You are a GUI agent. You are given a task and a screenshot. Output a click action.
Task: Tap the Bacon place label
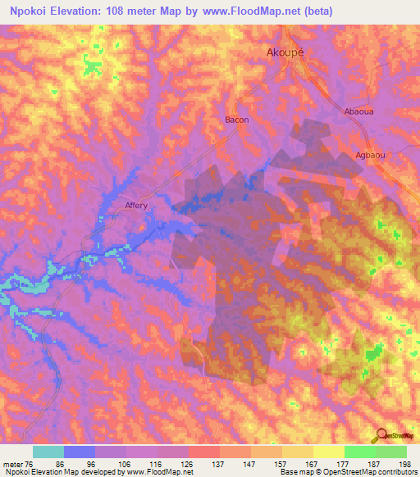click(x=236, y=120)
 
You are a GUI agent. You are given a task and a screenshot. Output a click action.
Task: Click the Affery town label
click(x=136, y=206)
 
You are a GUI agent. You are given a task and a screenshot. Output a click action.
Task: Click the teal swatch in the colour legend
click(x=48, y=452)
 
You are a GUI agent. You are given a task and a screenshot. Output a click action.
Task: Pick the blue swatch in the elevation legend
click(x=80, y=452)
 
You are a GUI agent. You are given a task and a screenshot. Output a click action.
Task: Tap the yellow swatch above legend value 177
click(x=328, y=452)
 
